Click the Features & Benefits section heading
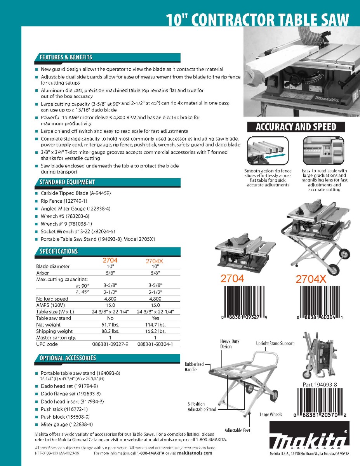pyautogui.click(x=66, y=57)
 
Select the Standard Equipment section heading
pyautogui.click(x=67, y=182)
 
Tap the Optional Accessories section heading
pyautogui.click(x=68, y=358)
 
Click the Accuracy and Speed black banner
pyautogui.click(x=296, y=127)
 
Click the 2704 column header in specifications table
pyautogui.click(x=110, y=261)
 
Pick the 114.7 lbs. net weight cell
pyautogui.click(x=155, y=325)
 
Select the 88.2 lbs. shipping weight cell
pyautogui.click(x=110, y=331)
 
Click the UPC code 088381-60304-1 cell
pyautogui.click(x=155, y=344)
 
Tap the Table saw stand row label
pyautogui.click(x=54, y=318)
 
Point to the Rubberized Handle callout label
pyautogui.click(x=194, y=367)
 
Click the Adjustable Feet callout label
pyautogui.click(x=237, y=430)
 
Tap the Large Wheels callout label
pyautogui.click(x=271, y=415)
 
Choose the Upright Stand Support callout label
pyautogui.click(x=275, y=343)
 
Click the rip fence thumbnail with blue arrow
pyautogui.click(x=266, y=151)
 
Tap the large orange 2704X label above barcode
pyautogui.click(x=311, y=279)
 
